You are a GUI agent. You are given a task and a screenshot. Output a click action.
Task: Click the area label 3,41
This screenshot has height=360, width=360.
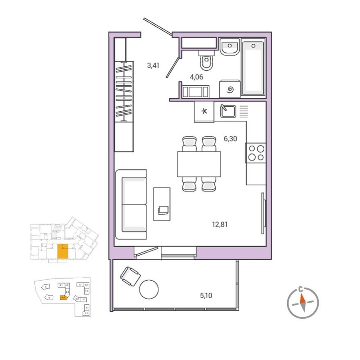tap(153, 65)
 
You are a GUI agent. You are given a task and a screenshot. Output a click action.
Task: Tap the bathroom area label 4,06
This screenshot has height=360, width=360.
tap(196, 76)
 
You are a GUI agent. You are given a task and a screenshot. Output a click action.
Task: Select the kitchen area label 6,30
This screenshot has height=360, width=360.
tap(230, 139)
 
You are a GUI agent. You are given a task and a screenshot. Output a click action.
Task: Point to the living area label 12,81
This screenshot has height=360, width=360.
tap(220, 224)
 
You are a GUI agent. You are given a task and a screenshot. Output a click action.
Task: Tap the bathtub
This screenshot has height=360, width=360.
tap(253, 67)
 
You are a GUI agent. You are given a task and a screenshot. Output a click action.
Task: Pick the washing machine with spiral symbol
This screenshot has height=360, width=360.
tap(229, 89)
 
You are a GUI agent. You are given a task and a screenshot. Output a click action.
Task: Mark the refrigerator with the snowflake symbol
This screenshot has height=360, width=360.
tap(204, 112)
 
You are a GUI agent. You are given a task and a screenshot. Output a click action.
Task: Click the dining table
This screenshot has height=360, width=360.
tap(199, 164)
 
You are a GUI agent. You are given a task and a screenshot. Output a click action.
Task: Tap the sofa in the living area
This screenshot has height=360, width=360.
tap(131, 204)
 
